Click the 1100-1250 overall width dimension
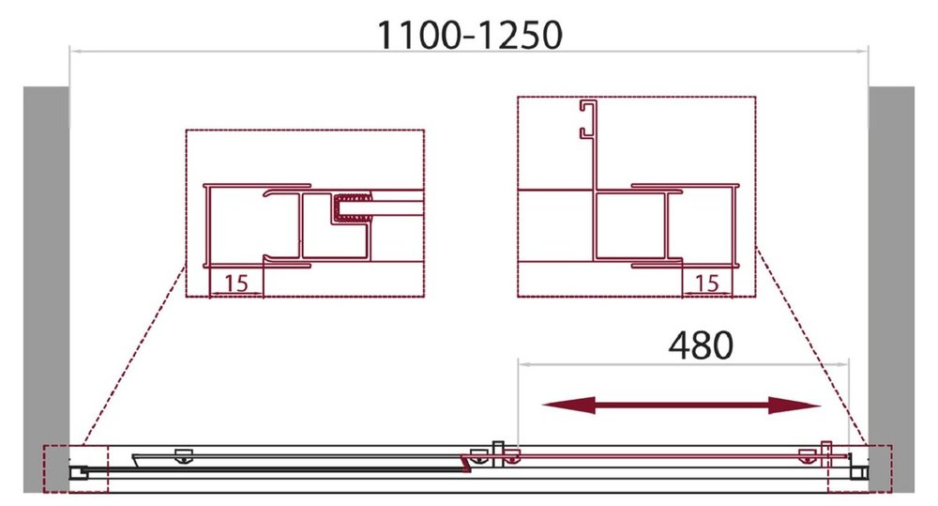click(x=470, y=35)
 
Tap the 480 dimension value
click(x=701, y=345)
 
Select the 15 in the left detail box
click(x=235, y=284)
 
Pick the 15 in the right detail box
click(x=707, y=284)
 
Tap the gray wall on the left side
click(x=46, y=289)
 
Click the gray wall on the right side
click(x=891, y=289)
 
